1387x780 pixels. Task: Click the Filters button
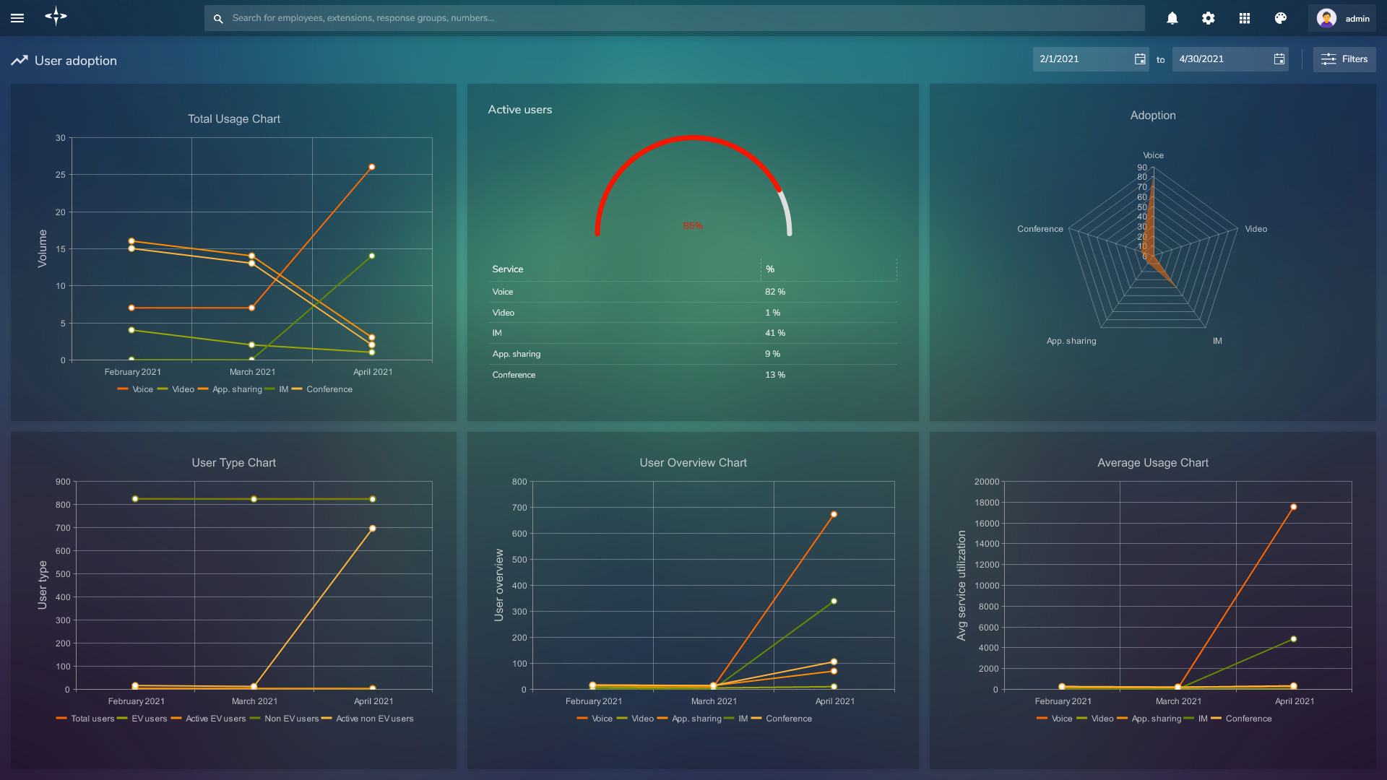(x=1344, y=59)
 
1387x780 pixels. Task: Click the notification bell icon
(x=1172, y=18)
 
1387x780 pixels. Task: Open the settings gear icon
(x=1208, y=18)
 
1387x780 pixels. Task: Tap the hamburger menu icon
(x=17, y=18)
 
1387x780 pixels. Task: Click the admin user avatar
(x=1326, y=18)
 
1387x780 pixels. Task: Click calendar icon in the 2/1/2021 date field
(x=1140, y=59)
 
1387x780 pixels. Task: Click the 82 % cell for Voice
(x=774, y=292)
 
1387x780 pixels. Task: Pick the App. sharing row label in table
(x=516, y=354)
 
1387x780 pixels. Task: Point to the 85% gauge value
(x=692, y=226)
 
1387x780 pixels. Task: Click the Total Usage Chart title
(x=233, y=119)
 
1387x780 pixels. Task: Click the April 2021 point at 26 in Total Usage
(x=372, y=167)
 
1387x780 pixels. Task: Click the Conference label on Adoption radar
(x=1040, y=229)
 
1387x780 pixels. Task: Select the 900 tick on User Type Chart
(x=63, y=482)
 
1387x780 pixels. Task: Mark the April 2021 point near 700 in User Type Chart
(x=372, y=529)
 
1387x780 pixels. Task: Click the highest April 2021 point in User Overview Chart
(x=834, y=515)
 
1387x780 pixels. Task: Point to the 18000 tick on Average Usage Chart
(x=986, y=503)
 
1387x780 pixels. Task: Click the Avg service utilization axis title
(x=961, y=585)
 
